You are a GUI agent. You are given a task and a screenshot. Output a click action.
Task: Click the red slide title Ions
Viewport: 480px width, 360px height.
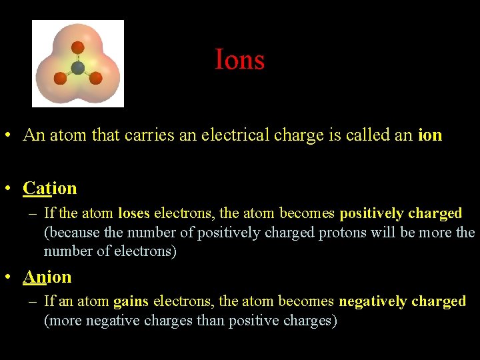[239, 60]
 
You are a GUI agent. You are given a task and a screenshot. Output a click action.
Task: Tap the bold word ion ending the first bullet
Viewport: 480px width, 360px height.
[429, 135]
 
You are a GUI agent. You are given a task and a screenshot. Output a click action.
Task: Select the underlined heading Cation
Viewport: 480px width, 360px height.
[50, 189]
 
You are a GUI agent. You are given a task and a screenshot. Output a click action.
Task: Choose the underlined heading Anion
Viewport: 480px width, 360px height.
[47, 277]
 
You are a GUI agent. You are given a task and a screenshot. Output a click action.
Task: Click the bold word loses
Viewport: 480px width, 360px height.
[134, 214]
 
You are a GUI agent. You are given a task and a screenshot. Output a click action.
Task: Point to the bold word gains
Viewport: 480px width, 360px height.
[131, 302]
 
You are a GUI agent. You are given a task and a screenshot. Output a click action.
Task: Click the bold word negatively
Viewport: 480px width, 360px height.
[373, 302]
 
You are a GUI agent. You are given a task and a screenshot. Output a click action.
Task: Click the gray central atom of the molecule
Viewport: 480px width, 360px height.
[78, 67]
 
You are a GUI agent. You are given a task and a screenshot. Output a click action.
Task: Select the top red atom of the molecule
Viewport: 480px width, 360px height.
[78, 47]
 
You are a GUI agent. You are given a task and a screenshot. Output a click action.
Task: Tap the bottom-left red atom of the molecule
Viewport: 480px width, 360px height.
[61, 79]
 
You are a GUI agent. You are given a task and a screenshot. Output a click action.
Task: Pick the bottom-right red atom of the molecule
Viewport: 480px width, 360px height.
[95, 78]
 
